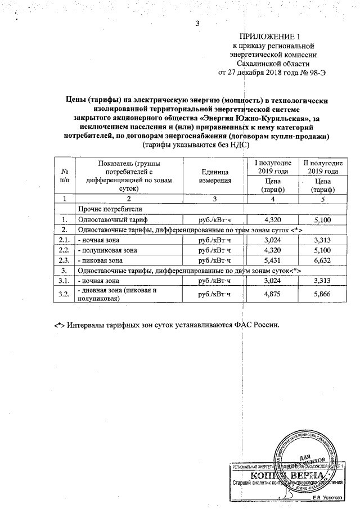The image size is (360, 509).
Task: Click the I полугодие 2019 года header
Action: (273, 166)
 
